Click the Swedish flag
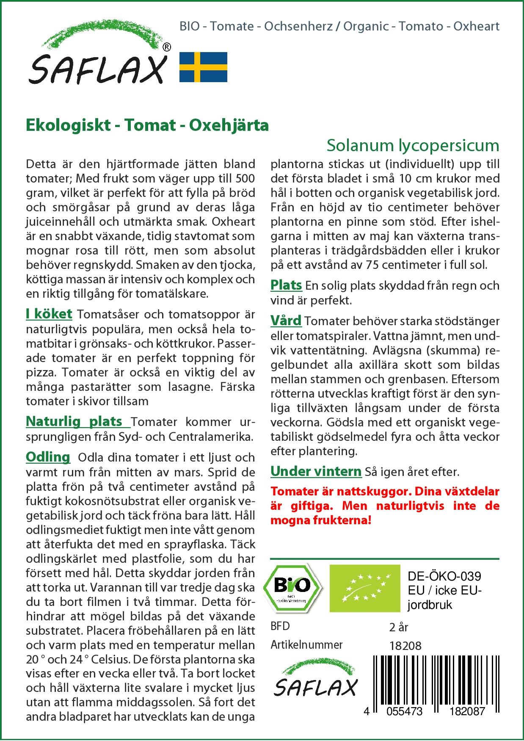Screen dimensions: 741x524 point(203,67)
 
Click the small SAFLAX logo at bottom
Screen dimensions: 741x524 point(315,682)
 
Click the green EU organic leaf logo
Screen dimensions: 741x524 point(364,588)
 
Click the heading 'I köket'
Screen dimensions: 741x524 point(49,314)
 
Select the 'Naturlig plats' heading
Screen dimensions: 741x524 point(74,422)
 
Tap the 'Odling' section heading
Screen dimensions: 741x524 point(48,457)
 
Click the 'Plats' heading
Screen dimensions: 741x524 point(286,285)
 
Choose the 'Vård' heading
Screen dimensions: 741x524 point(286,321)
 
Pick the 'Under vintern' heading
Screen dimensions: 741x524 point(316,471)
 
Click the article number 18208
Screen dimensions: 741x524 point(405,646)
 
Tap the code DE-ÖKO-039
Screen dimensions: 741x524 point(444,577)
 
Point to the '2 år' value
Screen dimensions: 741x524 point(398,627)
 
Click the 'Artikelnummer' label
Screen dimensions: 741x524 point(306,645)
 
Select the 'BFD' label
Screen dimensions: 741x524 point(280,626)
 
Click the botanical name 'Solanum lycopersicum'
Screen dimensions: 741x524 point(413,145)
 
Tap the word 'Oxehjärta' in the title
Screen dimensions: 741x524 point(229,125)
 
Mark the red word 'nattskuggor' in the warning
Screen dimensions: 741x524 point(374,492)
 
